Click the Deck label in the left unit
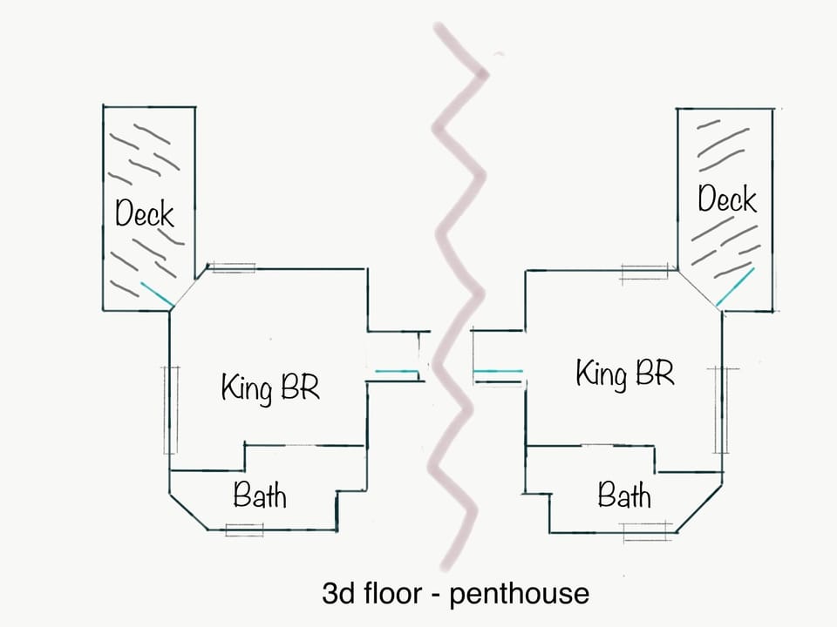[x=145, y=213]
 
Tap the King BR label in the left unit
[x=270, y=386]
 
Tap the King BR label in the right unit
[x=624, y=374]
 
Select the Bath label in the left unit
[x=259, y=496]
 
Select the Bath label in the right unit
[x=624, y=496]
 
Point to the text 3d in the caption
[x=338, y=594]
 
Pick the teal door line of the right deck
[x=735, y=287]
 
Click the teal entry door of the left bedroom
[x=398, y=373]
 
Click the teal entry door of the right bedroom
[x=498, y=372]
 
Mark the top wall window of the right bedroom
[x=644, y=272]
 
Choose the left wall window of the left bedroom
[x=170, y=409]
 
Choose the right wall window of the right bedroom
[x=720, y=409]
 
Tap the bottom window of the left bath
[x=243, y=529]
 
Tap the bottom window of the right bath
[x=648, y=527]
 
